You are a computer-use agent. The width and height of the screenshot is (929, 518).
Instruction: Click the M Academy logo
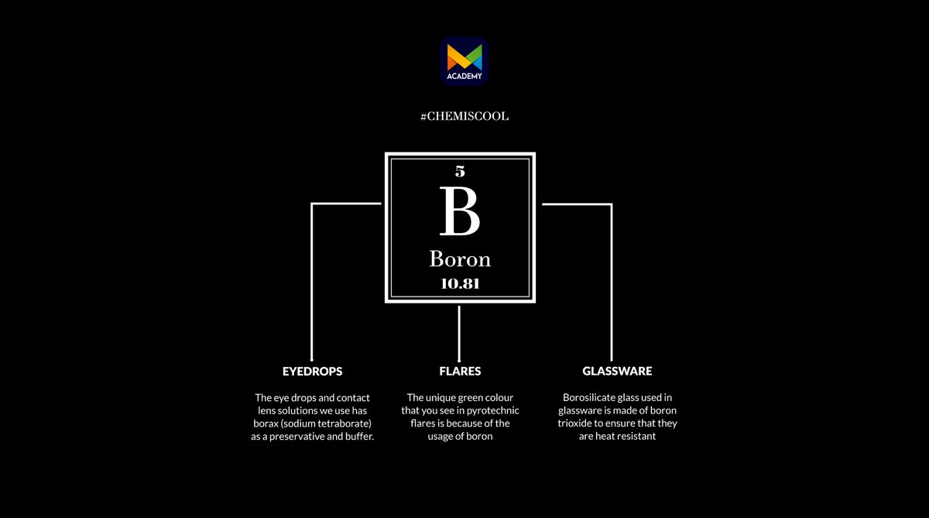(x=464, y=61)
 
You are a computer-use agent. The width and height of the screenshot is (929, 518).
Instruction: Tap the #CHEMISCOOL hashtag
(x=464, y=116)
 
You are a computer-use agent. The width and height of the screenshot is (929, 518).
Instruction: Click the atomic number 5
(x=460, y=171)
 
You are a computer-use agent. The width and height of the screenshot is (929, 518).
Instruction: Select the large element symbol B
(x=460, y=211)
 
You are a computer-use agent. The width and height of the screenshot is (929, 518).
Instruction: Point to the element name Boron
(x=460, y=259)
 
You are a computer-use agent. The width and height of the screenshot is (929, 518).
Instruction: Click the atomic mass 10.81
(x=460, y=283)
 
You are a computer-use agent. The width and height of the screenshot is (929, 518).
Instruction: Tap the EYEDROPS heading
(x=312, y=371)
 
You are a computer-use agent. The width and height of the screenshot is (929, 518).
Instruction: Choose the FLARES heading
(x=460, y=371)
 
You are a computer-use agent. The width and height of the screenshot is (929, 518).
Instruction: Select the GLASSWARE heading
(x=617, y=371)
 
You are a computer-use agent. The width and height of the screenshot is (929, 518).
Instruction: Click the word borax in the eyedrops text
(x=266, y=424)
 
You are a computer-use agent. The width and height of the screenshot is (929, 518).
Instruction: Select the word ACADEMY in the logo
(x=464, y=76)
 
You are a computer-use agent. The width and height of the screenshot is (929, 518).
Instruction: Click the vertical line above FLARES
(x=459, y=334)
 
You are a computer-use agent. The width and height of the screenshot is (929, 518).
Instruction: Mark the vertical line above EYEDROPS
(x=312, y=282)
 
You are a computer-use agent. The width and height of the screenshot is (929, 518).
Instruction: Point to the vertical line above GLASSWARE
(x=612, y=283)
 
